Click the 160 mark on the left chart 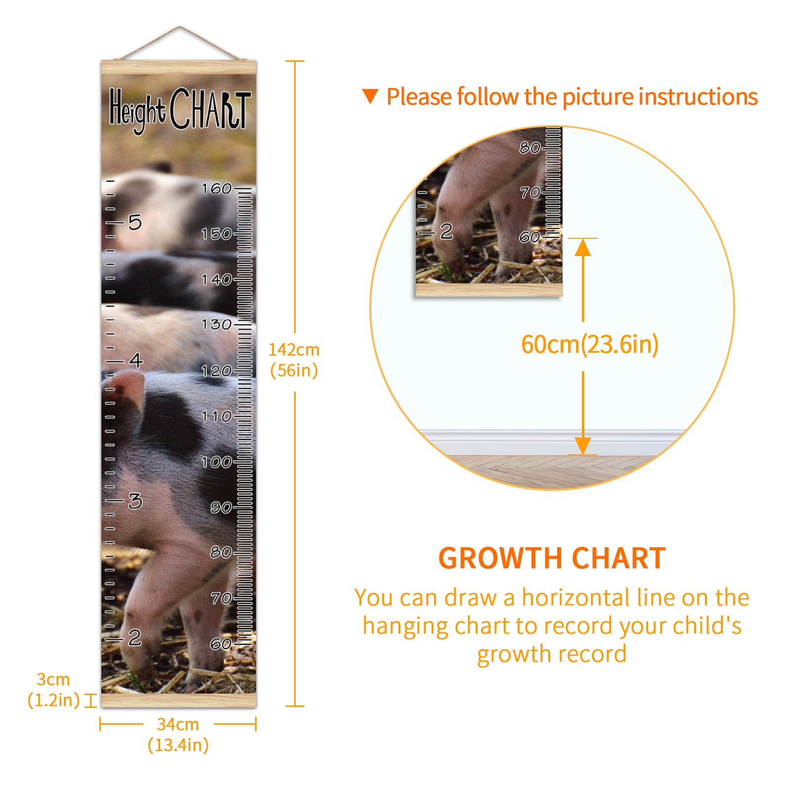pos(217,188)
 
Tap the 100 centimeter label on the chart pos(217,462)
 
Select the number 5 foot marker pos(135,222)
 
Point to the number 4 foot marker pos(136,360)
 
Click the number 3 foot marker pos(135,501)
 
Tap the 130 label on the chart pos(217,325)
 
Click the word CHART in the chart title pos(210,109)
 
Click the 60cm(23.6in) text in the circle pos(590,345)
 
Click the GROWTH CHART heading pos(552,559)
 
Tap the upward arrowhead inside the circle pos(583,247)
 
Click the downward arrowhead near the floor pos(583,446)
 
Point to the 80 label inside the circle pos(529,147)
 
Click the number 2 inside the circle pos(446,231)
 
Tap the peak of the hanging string pos(180,27)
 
